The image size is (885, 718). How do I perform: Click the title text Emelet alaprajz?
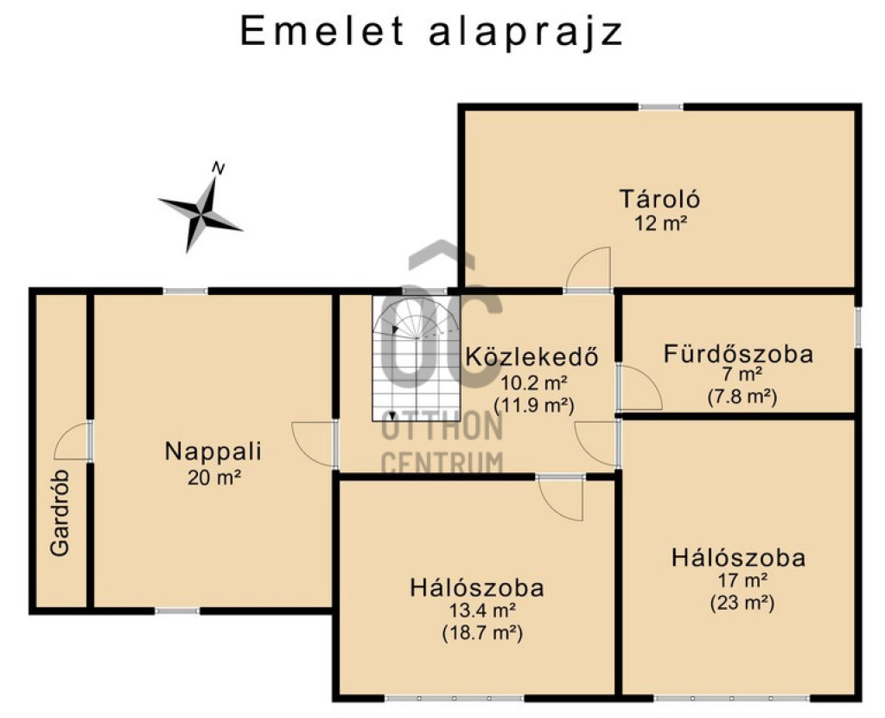coord(432,31)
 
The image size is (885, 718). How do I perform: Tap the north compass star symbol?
coord(201,215)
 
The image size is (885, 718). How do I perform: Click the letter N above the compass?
coord(219,168)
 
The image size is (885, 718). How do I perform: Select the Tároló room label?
coord(659,200)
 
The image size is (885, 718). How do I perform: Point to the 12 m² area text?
coord(660,223)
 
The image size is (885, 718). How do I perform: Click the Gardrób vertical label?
coord(60,513)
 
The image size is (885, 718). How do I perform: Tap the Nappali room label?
coord(213,452)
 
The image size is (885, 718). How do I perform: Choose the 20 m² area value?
coord(214,478)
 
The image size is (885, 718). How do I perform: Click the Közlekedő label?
coord(532,357)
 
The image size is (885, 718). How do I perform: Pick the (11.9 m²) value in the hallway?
coord(533,406)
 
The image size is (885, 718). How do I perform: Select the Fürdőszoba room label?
coord(738,354)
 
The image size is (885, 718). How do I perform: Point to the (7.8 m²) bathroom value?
coord(742,396)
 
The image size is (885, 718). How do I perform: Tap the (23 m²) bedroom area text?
coord(742,603)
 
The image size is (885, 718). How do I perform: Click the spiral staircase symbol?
coord(416,358)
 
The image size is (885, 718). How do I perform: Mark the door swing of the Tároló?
coord(588,269)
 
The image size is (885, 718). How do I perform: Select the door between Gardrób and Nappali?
coord(73,440)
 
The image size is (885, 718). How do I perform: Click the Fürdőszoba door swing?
coord(640,388)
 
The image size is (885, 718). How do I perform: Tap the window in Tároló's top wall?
coord(661,106)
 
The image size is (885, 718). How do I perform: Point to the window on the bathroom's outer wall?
coord(858,327)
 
